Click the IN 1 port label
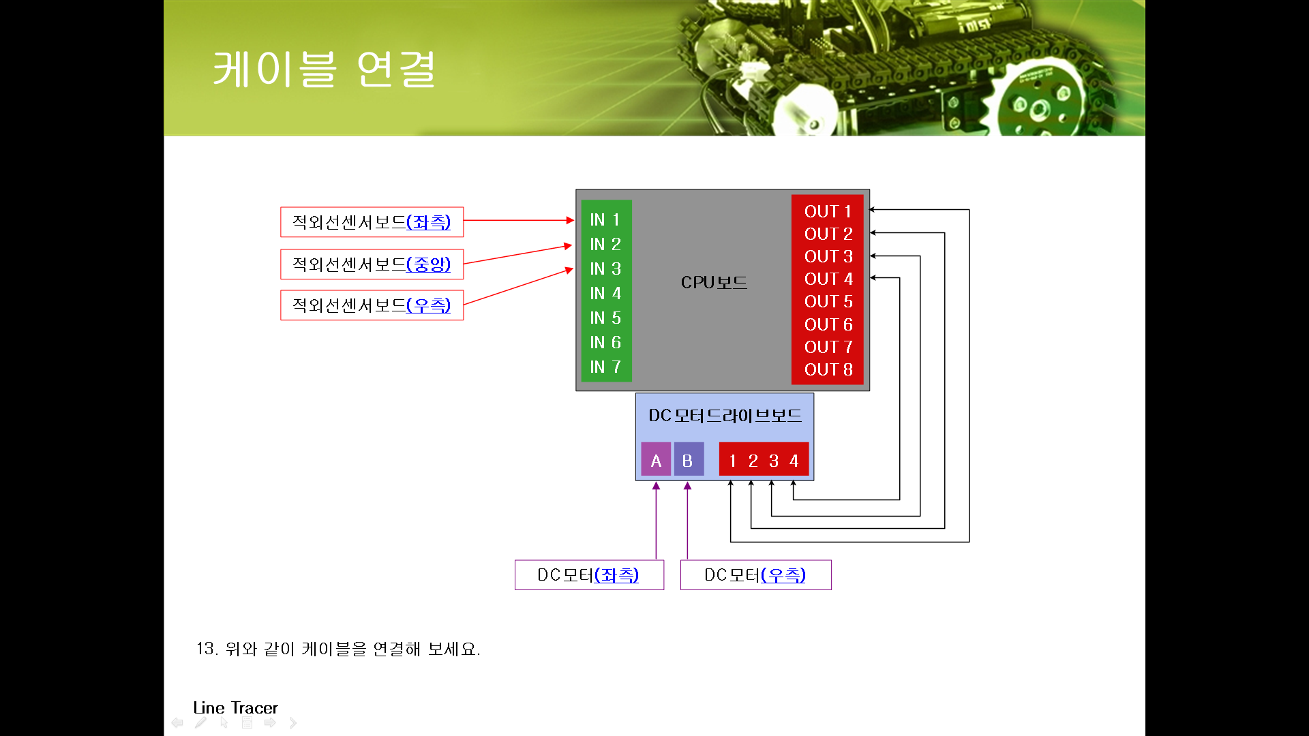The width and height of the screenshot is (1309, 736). [605, 220]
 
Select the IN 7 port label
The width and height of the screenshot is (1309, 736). [605, 367]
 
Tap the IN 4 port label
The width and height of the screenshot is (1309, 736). [605, 294]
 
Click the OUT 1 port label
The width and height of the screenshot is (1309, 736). [828, 212]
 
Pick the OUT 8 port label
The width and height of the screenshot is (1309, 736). [828, 370]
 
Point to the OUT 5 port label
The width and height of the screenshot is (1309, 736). [828, 302]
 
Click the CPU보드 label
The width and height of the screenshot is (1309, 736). [714, 283]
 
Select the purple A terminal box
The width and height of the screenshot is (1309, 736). [656, 461]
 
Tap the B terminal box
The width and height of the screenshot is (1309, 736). [688, 461]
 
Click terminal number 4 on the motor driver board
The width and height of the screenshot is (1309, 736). [794, 461]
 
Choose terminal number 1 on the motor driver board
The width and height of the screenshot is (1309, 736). [732, 461]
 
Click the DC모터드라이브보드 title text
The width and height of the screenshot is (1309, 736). [725, 416]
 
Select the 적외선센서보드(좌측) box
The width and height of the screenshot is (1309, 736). [372, 222]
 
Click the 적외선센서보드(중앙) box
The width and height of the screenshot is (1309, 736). [372, 264]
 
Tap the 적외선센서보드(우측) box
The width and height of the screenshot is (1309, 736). [372, 305]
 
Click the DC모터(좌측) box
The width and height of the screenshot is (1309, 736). [588, 575]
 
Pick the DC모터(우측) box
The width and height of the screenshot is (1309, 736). [755, 575]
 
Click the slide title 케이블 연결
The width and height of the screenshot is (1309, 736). [324, 70]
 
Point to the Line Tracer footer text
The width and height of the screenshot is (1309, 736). [235, 708]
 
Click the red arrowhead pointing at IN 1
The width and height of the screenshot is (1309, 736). [570, 220]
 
